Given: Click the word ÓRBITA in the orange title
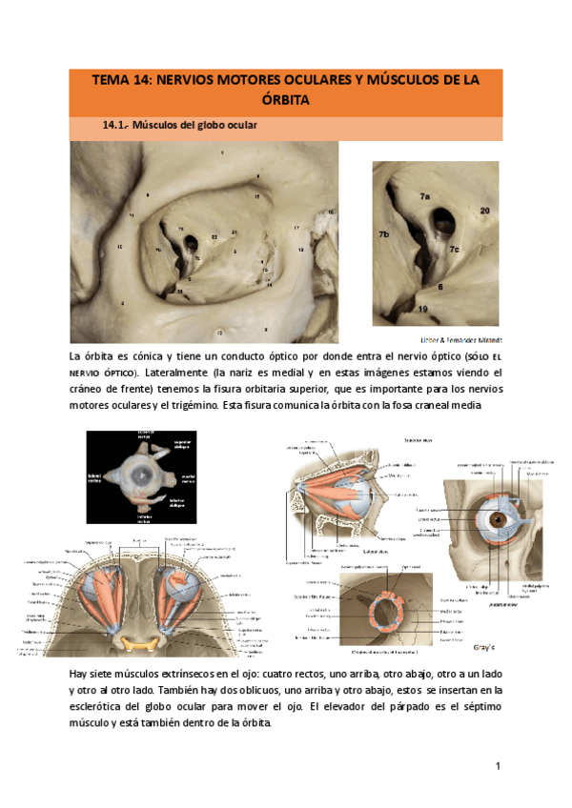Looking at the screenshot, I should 286,99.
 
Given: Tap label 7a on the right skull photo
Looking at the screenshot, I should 423,196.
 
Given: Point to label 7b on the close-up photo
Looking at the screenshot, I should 384,233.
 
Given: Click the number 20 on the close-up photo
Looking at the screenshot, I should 484,210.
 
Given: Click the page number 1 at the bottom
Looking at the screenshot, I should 498,768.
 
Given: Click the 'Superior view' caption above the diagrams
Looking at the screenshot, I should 419,440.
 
